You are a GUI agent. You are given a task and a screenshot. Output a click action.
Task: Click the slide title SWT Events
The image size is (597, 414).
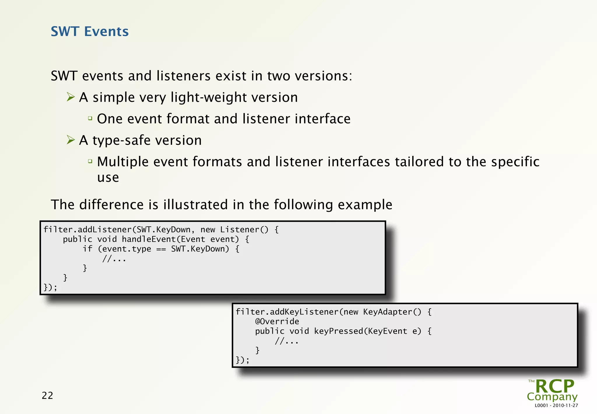89,31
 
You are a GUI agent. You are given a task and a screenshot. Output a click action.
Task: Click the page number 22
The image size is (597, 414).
48,395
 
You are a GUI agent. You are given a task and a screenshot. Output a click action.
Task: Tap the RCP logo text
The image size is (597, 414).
554,387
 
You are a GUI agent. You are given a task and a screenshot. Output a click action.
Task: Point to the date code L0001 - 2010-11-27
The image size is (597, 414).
556,406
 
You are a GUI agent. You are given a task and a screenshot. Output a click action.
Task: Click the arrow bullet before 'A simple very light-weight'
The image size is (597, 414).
71,97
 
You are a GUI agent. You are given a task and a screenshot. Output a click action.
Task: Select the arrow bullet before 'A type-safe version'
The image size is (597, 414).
71,140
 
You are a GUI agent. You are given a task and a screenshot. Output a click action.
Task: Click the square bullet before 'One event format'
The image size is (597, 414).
90,118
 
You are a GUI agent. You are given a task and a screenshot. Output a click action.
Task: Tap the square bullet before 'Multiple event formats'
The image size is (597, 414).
90,161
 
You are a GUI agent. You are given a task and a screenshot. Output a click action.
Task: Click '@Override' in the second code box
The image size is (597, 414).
277,322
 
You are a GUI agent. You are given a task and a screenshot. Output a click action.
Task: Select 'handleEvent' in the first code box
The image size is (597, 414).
148,239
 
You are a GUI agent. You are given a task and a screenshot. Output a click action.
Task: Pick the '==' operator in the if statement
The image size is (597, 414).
161,249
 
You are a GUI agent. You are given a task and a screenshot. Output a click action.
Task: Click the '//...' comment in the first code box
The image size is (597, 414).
114,259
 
